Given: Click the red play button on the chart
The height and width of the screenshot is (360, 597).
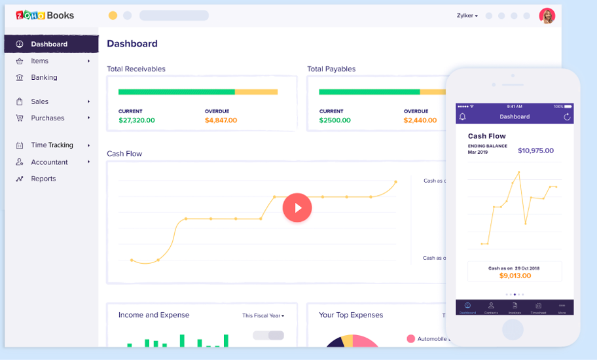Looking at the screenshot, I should coord(297,207).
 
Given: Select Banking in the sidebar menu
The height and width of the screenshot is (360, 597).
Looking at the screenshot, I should coord(44,77).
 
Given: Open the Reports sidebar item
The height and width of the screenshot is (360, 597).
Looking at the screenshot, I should coord(43,179).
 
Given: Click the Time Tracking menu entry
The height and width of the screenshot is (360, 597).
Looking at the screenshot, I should coord(52,145).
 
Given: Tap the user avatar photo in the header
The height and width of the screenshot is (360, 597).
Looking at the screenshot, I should coord(547,16).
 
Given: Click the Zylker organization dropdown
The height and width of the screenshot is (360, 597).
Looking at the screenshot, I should coord(467,16).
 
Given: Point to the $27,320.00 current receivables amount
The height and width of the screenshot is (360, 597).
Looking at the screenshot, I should coord(136,120).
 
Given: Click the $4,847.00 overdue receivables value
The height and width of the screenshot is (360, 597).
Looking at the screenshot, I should coord(221,120).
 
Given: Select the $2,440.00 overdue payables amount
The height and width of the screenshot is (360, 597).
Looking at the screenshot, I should coord(420,120).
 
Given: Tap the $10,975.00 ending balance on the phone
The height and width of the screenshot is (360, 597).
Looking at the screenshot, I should coord(535,151).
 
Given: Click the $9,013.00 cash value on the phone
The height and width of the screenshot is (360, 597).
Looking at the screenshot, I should coord(515,276).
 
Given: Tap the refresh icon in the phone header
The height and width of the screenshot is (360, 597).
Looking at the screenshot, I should coord(567,117).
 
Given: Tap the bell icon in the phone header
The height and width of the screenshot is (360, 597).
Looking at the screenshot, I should coord(463,117).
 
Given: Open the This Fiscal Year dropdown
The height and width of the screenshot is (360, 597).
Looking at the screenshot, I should coord(263,315).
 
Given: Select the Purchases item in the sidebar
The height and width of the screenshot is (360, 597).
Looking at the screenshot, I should coord(48,118).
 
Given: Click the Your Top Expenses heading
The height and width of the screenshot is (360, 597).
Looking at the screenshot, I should coord(351,315).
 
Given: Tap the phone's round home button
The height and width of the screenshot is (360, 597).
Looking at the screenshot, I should coord(513,329).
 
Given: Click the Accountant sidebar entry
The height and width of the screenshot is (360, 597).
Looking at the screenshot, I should coord(49,162).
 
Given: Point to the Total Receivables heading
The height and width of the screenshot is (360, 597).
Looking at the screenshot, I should coord(136,69).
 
